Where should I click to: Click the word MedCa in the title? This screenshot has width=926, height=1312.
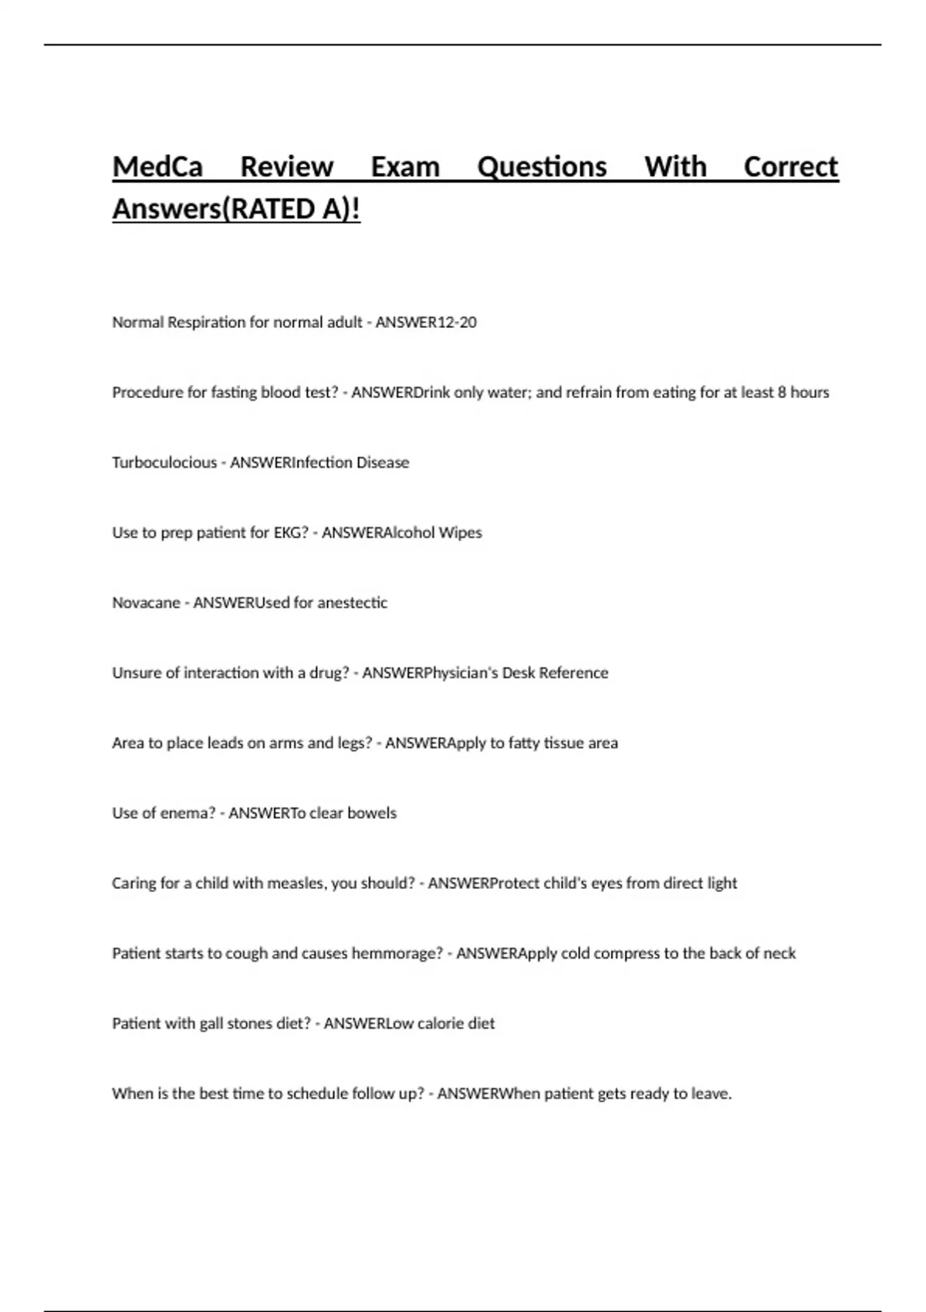(157, 167)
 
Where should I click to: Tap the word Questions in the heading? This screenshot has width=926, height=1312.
(542, 167)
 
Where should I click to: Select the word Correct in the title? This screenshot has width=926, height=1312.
(790, 167)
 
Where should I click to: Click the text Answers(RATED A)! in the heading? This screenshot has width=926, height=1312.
(236, 209)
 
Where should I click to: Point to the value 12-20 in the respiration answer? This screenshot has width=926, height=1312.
(457, 323)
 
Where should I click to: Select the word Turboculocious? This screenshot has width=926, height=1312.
(164, 463)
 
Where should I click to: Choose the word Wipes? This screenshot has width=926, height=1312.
(460, 533)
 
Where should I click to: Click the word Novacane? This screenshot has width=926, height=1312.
(146, 603)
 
